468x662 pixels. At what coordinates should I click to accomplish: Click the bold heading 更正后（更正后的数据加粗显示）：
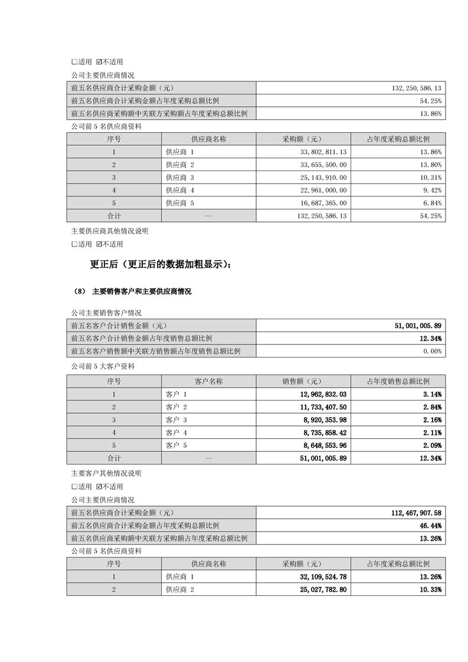click(x=161, y=265)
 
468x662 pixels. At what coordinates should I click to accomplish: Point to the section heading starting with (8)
click(x=133, y=291)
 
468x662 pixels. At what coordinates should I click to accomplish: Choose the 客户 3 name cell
click(x=176, y=420)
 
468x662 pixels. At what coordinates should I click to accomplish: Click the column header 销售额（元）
click(x=303, y=381)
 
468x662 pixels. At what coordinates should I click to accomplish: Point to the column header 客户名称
click(x=208, y=381)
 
